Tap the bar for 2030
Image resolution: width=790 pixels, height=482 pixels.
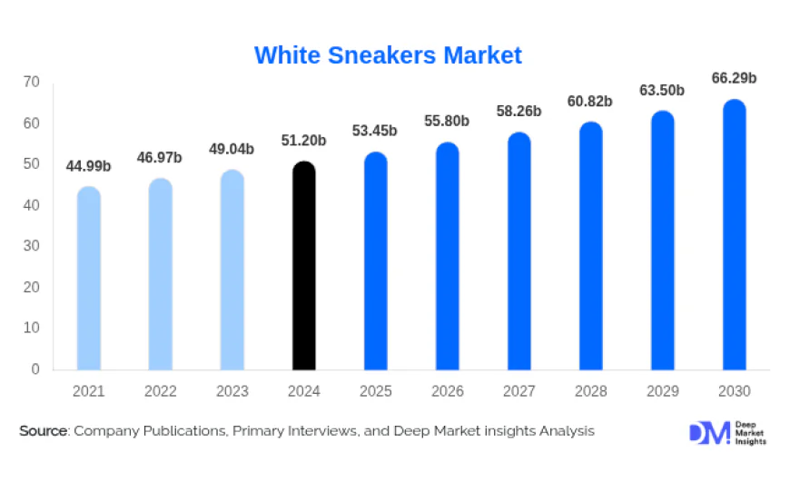pos(735,235)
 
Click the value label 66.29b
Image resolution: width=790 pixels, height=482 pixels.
pos(735,79)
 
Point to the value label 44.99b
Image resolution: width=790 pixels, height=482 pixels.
pos(89,166)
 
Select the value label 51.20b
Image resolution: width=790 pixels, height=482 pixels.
pos(304,141)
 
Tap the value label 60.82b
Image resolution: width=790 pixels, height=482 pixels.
pos(591,101)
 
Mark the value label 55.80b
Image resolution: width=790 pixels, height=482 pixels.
pos(448,121)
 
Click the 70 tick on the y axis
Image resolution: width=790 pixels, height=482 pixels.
pos(32,82)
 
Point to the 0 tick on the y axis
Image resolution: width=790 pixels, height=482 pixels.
pos(35,369)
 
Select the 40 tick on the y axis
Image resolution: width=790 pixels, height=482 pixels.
pos(32,205)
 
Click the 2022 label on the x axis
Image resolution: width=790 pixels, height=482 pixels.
pos(161,392)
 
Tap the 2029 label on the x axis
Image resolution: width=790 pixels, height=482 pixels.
pos(663,392)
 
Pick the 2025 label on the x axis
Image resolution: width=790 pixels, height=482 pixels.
pos(376,392)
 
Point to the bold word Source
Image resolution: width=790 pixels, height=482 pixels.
pos(43,431)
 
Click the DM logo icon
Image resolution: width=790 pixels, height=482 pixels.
pos(708,433)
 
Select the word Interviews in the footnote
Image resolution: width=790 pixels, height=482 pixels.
pos(316,431)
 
